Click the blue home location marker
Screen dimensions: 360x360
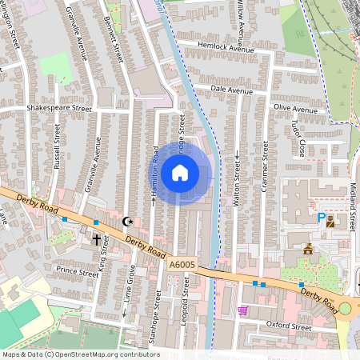(x=180, y=172)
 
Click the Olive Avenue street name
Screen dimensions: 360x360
(x=295, y=108)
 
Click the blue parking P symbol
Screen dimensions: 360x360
(x=322, y=217)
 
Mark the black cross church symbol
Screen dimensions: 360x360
(x=97, y=238)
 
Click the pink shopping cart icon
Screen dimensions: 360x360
(x=242, y=310)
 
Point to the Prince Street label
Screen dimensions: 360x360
(x=77, y=272)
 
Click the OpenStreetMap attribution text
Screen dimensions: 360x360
(x=80, y=354)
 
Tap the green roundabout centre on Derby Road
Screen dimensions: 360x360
(x=345, y=308)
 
